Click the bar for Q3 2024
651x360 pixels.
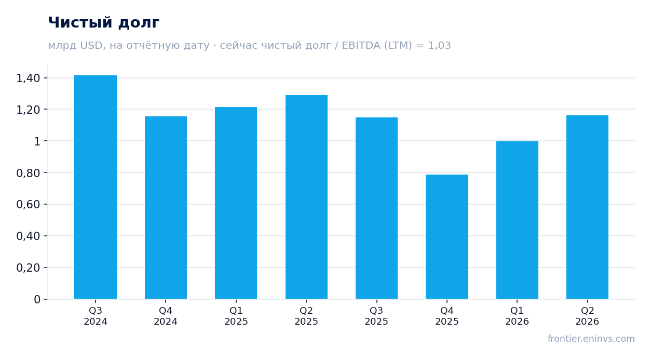coord(96,187)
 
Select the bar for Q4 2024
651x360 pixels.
coord(166,208)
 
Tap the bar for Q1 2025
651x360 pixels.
coord(236,203)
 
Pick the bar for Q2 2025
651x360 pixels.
coord(306,197)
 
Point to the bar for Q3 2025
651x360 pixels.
coord(377,208)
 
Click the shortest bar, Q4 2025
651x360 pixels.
coord(447,237)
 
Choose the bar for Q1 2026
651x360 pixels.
coord(517,220)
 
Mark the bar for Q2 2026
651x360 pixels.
coord(587,207)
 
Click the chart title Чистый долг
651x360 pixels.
coord(104,23)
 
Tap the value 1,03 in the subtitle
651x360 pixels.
coord(439,45)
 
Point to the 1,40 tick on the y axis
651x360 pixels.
coord(28,78)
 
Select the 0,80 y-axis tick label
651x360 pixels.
coord(28,173)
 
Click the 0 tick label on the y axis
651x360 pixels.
coord(37,299)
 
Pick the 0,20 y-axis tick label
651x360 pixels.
coord(28,268)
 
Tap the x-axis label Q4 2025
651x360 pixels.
coord(447,316)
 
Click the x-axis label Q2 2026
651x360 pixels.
coord(587,316)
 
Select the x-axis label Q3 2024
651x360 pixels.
coord(96,316)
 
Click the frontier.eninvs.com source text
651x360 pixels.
coord(591,339)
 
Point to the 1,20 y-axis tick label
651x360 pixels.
coord(28,110)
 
